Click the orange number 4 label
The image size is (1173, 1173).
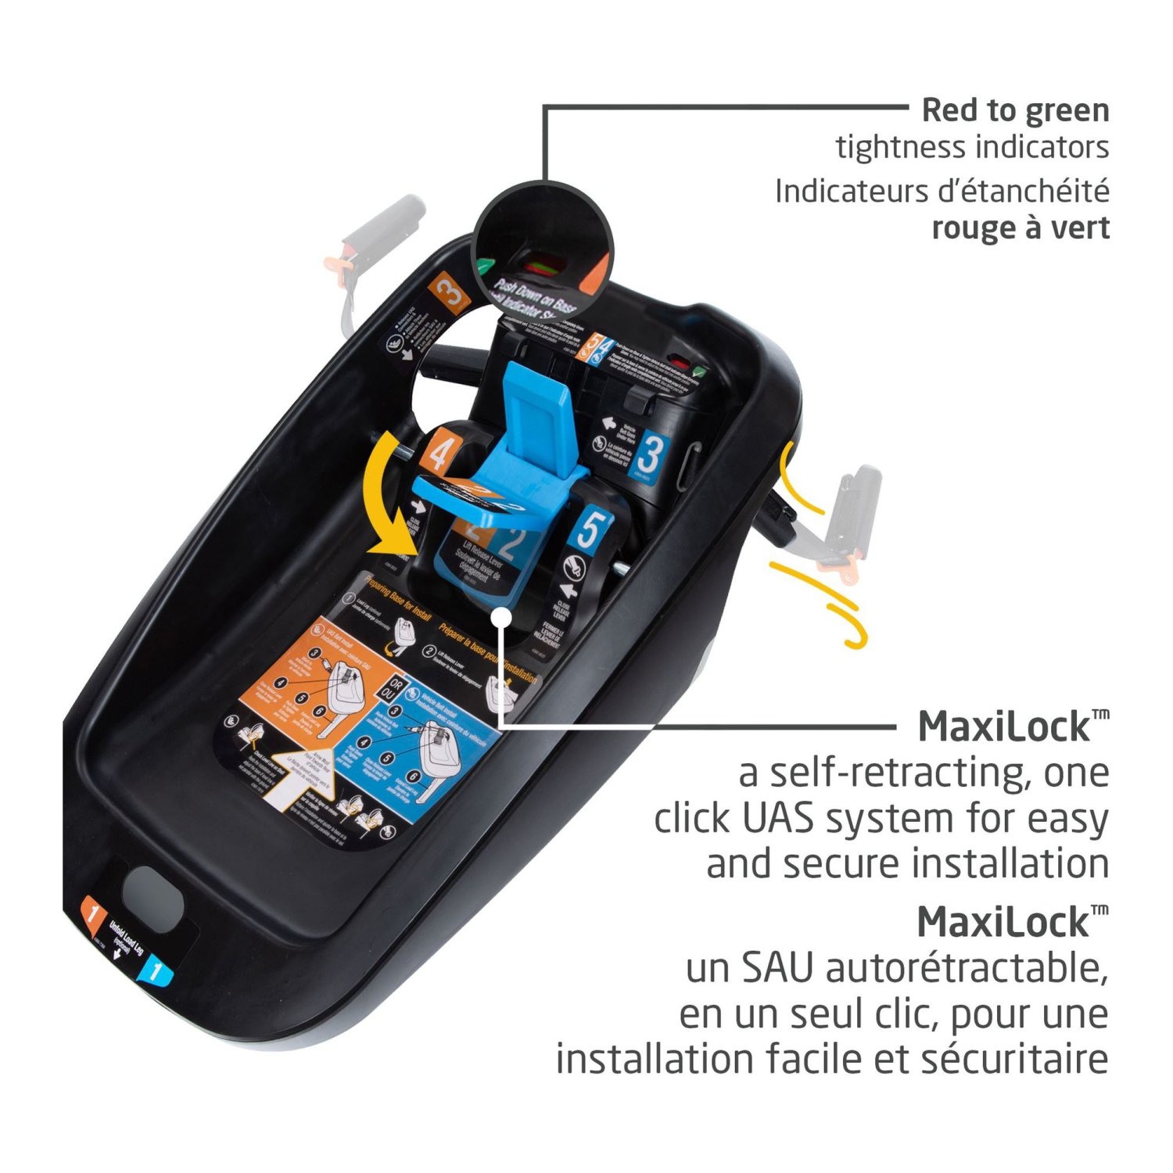(x=439, y=452)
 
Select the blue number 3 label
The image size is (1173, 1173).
(x=649, y=456)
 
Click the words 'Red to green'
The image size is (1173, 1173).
(x=1015, y=110)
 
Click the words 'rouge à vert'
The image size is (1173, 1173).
(x=1020, y=228)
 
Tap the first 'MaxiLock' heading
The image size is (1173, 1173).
(x=1004, y=726)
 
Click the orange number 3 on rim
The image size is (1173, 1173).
(x=449, y=293)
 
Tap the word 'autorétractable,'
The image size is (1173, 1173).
(x=967, y=968)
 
